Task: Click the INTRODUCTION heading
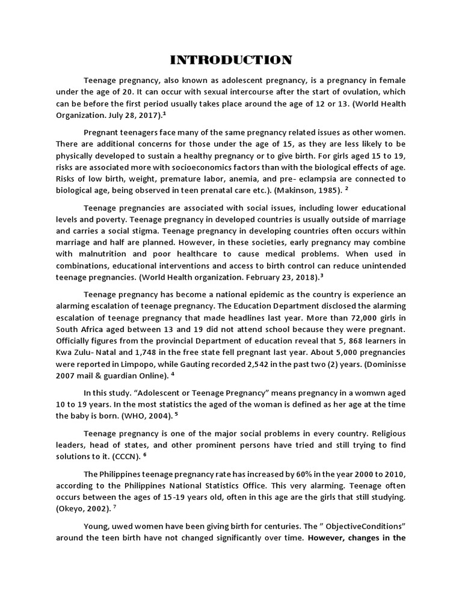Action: pyautogui.click(x=231, y=60)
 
